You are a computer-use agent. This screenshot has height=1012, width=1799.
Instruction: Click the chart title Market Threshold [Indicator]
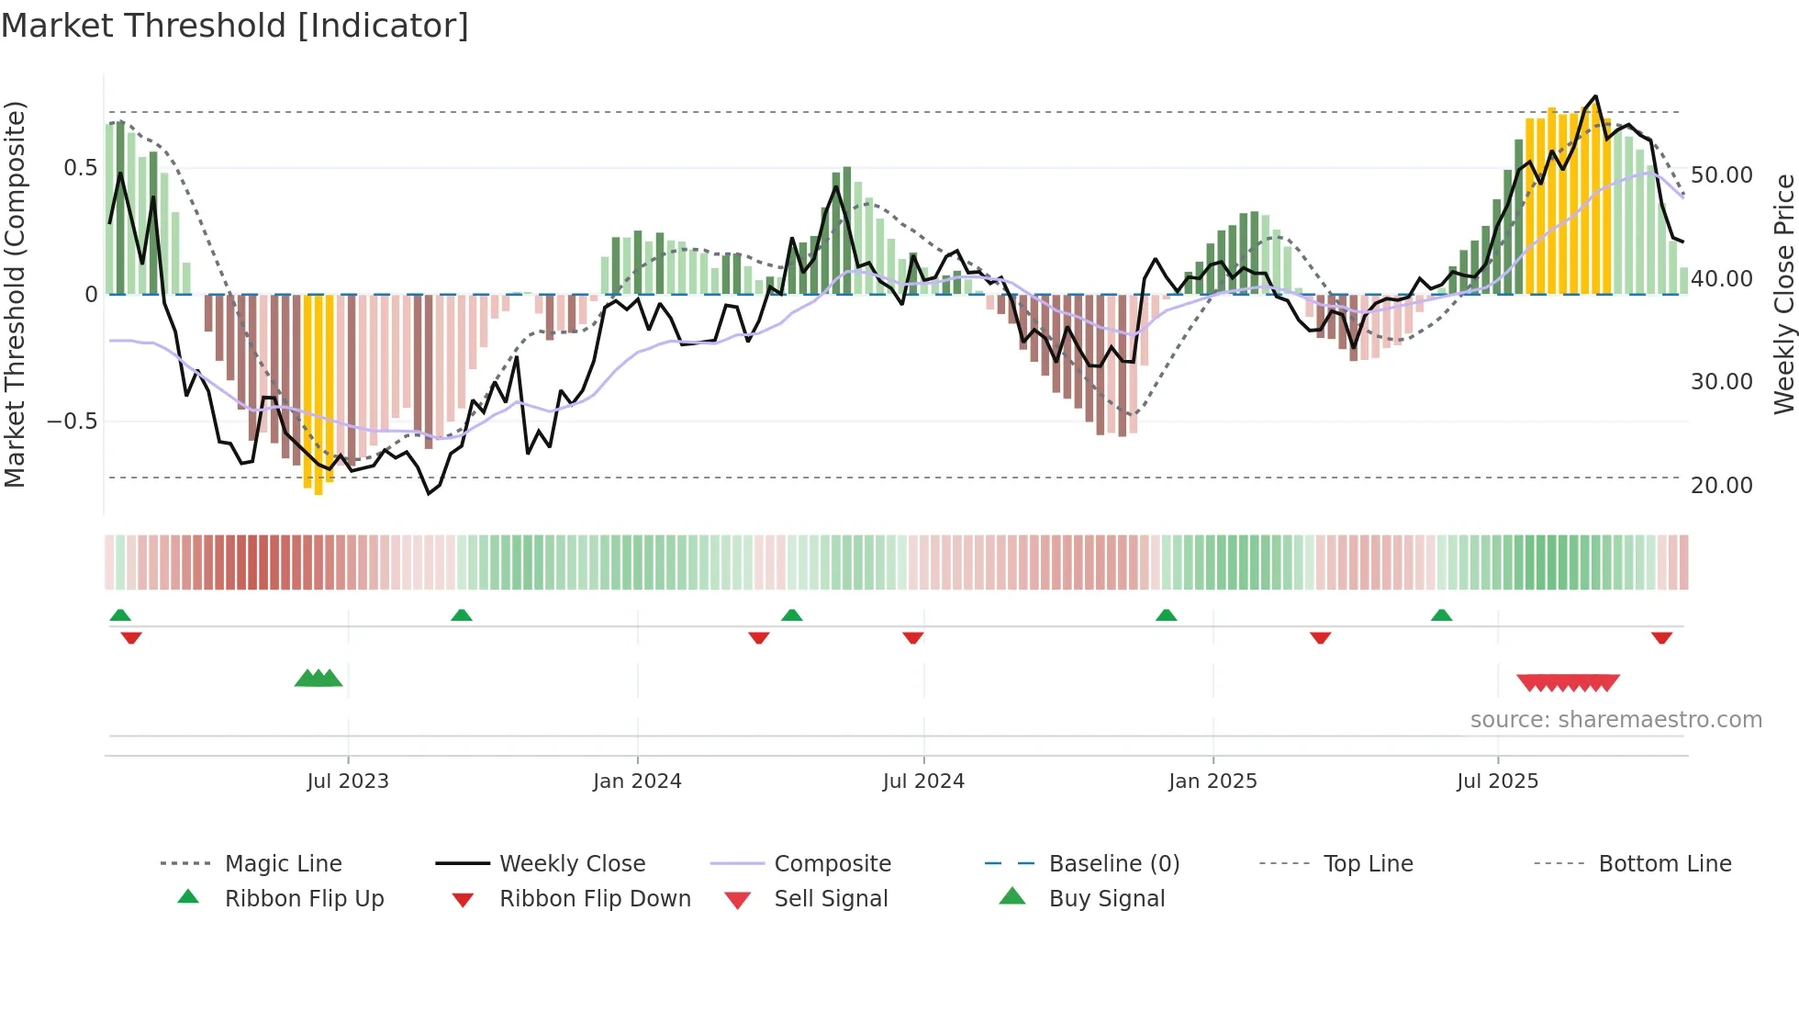pos(235,26)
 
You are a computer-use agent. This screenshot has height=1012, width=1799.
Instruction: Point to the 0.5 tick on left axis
pos(80,168)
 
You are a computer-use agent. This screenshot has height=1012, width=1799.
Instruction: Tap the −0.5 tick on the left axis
pos(72,422)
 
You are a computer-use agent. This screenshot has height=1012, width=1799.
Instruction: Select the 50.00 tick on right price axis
pos(1721,174)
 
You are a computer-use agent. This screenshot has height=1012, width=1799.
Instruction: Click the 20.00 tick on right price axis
pos(1721,485)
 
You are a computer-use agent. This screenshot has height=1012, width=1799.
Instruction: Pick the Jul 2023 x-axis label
pos(348,781)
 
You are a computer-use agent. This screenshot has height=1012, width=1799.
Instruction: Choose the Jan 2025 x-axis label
pos(1212,781)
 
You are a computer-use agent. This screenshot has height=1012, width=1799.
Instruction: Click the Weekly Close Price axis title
pos(1783,294)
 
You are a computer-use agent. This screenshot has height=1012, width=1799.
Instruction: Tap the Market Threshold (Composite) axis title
pos(16,294)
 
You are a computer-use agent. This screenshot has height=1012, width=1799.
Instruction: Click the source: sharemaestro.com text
pos(1615,720)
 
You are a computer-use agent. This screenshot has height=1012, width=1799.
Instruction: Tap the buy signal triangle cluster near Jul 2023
pos(318,679)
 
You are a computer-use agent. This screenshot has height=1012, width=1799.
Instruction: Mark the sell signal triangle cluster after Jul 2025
pos(1568,682)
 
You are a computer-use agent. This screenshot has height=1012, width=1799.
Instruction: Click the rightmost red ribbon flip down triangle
pos(1661,637)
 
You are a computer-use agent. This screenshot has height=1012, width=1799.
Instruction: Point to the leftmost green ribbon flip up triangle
pos(120,615)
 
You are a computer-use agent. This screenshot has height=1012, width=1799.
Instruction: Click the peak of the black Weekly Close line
pos(1595,96)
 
